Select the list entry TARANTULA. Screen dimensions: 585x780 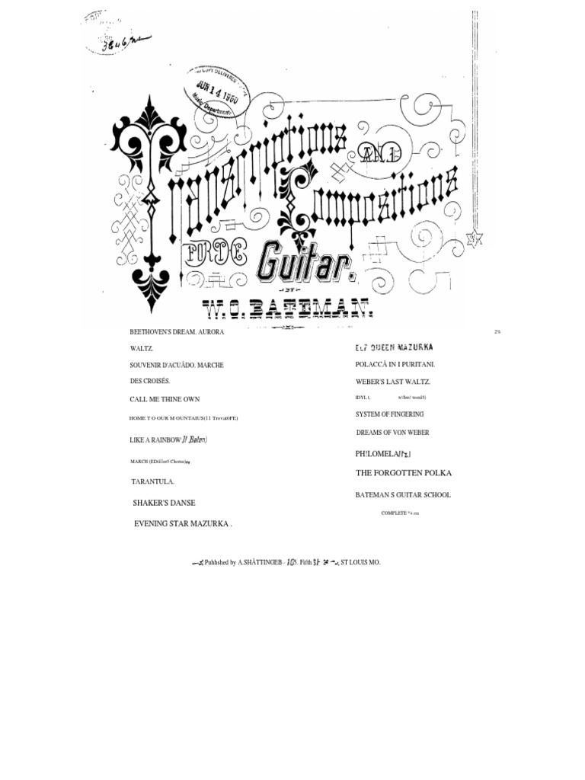(153, 481)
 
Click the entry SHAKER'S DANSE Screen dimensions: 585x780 (164, 503)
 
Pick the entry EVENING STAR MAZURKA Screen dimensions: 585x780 (182, 524)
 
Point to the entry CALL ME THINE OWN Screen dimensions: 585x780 (165, 399)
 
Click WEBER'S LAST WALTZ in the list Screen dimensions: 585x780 (393, 381)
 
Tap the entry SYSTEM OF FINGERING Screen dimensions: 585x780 (389, 414)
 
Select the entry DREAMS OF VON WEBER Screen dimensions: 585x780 (392, 433)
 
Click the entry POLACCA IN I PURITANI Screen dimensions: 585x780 (395, 364)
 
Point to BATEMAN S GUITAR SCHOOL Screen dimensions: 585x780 (403, 495)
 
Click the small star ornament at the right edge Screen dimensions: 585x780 (473, 238)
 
